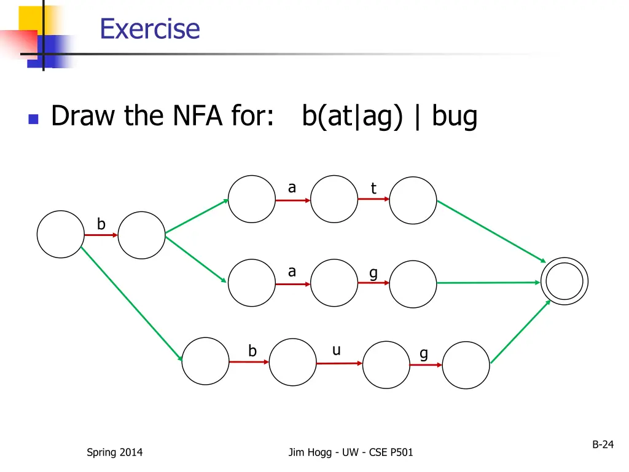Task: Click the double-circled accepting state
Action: [564, 281]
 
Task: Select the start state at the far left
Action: [61, 234]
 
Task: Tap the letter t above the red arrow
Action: [373, 188]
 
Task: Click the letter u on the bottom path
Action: [337, 350]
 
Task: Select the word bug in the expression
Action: [455, 116]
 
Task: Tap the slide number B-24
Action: [603, 444]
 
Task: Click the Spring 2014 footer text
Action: [115, 452]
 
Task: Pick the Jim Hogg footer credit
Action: [351, 452]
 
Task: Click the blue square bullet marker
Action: [33, 119]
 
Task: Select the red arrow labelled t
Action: [373, 199]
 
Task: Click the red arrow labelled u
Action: [339, 363]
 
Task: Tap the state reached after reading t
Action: [413, 200]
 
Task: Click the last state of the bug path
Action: [466, 365]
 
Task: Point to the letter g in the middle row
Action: [373, 273]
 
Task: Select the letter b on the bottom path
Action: [252, 351]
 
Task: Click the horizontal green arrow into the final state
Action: [488, 283]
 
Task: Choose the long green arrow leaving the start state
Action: [131, 304]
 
